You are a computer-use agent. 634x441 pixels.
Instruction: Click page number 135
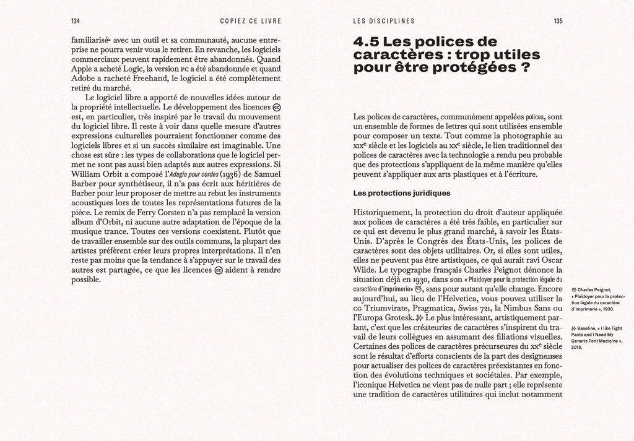(558, 21)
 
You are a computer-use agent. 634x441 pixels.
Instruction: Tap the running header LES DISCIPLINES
(384, 21)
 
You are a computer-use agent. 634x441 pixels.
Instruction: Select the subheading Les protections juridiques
(401, 193)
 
